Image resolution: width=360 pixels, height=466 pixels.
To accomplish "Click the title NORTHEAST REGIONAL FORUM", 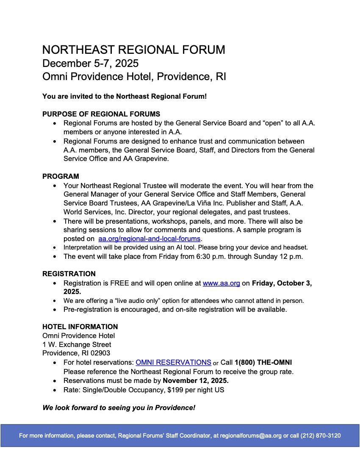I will [133, 50].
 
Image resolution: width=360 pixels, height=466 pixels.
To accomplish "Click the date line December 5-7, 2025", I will [90, 64].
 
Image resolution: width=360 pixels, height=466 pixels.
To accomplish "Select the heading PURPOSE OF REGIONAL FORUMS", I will [101, 114].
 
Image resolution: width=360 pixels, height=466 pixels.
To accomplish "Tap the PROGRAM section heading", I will [61, 176].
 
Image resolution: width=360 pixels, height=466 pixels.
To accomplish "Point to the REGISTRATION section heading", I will [69, 274].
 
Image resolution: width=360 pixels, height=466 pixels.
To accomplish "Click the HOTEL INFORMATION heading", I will [80, 327].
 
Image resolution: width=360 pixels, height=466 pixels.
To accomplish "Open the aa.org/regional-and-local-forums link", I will [149, 239].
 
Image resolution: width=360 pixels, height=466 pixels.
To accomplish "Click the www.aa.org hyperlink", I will [222, 283].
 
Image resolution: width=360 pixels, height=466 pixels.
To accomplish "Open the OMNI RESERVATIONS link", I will [173, 363].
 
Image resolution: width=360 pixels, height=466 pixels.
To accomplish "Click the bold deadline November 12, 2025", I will [196, 380].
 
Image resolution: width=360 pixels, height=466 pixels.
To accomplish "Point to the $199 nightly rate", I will [177, 390].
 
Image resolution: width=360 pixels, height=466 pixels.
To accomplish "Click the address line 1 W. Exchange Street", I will [77, 344].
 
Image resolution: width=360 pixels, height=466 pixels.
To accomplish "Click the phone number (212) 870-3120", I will [321, 435].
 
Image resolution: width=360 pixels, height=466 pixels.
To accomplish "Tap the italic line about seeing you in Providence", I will [119, 408].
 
